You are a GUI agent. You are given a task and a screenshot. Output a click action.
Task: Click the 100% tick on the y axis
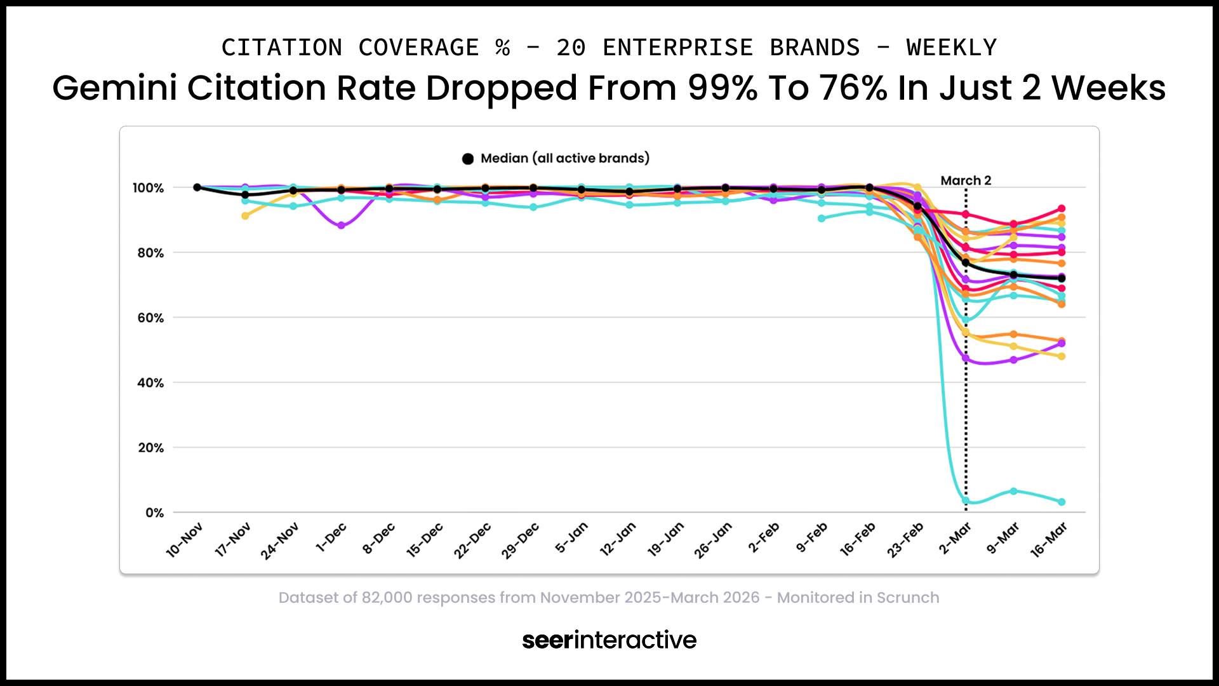(x=148, y=188)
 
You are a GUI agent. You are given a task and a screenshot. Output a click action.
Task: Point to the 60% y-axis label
(x=150, y=318)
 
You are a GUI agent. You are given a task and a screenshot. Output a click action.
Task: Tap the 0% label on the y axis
(x=154, y=513)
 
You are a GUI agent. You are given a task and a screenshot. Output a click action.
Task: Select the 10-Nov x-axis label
(x=184, y=540)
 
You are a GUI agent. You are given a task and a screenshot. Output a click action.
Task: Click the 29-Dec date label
(x=520, y=541)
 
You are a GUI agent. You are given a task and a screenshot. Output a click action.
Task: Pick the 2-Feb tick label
(x=763, y=538)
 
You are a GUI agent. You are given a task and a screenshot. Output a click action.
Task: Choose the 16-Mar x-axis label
(x=1048, y=540)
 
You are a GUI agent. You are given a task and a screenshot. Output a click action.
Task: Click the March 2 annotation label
(x=966, y=180)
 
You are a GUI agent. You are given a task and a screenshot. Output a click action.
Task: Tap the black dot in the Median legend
(x=468, y=159)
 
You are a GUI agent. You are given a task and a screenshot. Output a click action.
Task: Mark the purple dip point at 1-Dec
(x=342, y=225)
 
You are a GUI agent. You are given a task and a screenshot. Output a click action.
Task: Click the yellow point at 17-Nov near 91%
(x=245, y=216)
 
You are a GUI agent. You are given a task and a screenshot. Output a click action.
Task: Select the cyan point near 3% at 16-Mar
(x=1062, y=502)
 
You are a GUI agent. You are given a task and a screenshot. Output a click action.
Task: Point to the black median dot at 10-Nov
(x=197, y=187)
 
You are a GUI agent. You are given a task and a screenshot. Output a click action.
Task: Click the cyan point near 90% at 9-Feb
(x=822, y=219)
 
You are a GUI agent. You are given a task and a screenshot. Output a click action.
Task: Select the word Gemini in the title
(x=114, y=88)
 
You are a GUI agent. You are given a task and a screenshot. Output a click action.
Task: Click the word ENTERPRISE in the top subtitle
(x=677, y=48)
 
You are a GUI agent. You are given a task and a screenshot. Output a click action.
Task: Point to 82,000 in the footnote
(x=387, y=598)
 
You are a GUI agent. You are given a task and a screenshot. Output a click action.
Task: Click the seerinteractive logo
(x=609, y=640)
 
